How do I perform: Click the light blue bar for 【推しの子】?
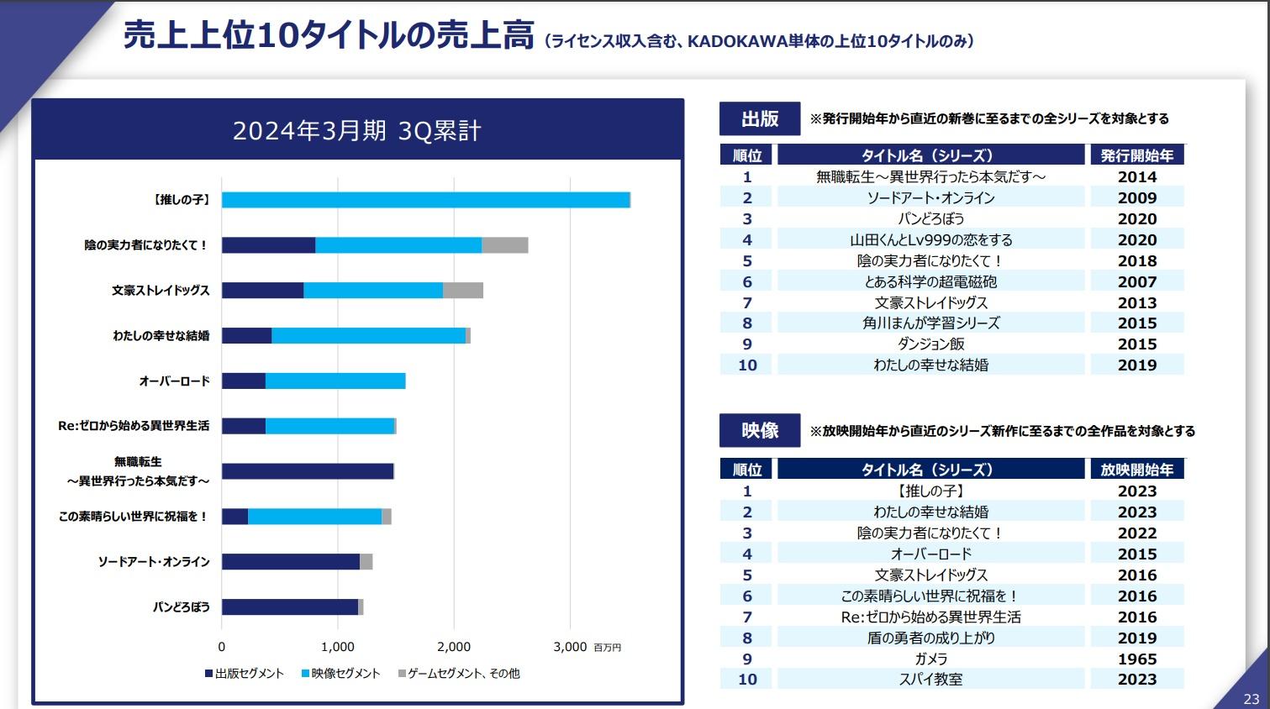point(425,200)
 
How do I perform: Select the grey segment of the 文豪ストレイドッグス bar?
point(463,290)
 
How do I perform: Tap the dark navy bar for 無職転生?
point(308,471)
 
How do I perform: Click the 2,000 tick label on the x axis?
point(454,647)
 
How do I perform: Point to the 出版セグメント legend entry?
point(245,674)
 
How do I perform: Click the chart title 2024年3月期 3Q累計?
point(357,131)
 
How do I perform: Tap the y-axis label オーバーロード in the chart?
point(174,381)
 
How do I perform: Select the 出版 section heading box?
point(760,119)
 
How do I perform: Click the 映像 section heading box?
point(760,431)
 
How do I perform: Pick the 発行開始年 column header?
point(1137,155)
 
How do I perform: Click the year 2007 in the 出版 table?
point(1137,282)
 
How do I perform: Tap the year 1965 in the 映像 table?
point(1137,659)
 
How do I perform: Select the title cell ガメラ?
point(930,659)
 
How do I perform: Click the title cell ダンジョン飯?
point(930,344)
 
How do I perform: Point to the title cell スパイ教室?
point(930,680)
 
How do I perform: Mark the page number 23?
point(1252,699)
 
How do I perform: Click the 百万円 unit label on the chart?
point(607,648)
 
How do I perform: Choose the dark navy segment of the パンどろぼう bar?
point(290,607)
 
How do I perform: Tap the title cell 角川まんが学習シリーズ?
point(930,323)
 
